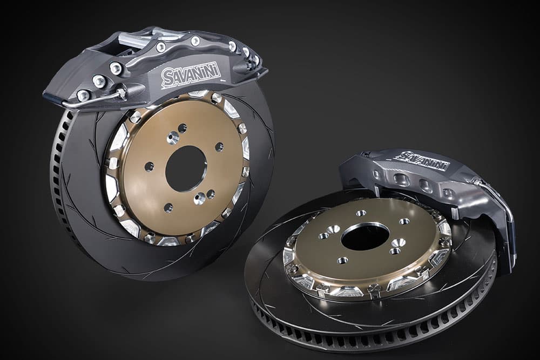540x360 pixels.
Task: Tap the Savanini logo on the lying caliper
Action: tap(423, 160)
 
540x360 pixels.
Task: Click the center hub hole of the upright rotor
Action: tap(186, 168)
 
